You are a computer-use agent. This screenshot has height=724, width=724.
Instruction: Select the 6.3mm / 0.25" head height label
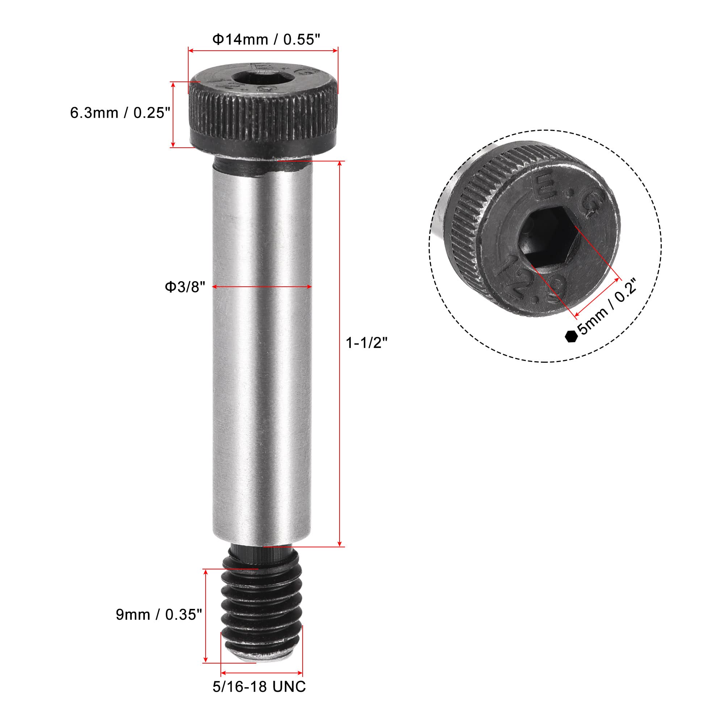point(120,113)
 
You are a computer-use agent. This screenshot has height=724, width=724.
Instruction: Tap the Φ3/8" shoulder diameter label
point(185,287)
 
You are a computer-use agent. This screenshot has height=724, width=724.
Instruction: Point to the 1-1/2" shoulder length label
point(366,342)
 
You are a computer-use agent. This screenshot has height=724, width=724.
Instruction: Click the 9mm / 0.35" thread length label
point(159,615)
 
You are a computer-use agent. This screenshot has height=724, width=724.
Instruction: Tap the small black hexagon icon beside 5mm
point(570,336)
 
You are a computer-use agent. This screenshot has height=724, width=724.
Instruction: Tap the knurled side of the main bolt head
point(262,114)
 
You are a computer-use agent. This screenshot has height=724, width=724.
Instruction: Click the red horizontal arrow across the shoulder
point(262,287)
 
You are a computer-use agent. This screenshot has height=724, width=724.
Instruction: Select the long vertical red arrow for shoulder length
point(340,354)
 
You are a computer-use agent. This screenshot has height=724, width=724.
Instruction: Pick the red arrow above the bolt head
point(263,50)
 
